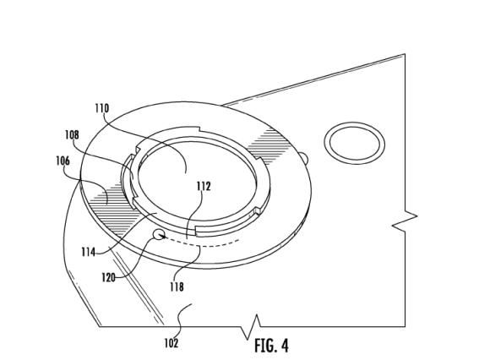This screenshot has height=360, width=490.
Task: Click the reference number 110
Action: (102, 108)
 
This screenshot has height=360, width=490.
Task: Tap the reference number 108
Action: (72, 134)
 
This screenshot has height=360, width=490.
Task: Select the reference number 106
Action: (63, 161)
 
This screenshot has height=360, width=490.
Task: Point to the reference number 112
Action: (204, 186)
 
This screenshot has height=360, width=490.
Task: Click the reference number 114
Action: (88, 252)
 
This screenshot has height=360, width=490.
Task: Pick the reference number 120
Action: (108, 277)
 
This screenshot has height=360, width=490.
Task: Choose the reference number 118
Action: (177, 286)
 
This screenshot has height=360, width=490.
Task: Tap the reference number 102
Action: (171, 343)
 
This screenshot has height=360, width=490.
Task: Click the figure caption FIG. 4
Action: (271, 346)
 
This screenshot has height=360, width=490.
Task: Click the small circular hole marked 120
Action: (159, 234)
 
